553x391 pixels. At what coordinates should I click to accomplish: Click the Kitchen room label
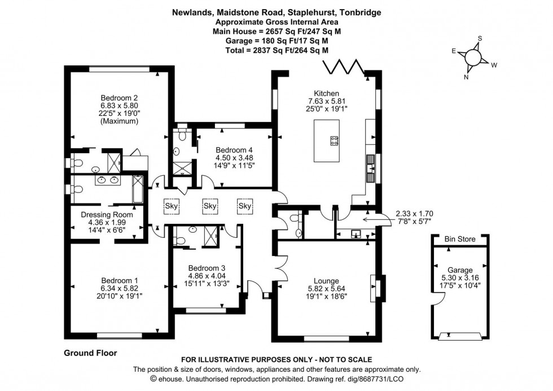(326, 93)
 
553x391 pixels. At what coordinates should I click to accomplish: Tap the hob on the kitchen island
(334, 141)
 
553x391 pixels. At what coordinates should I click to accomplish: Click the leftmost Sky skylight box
(172, 206)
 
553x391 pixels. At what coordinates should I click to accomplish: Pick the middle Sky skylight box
(210, 206)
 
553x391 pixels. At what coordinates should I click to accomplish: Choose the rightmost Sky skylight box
(245, 206)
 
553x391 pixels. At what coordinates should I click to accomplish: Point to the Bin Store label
(459, 240)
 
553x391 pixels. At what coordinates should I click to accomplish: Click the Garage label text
(459, 270)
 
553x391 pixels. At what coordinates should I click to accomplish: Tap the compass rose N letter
(466, 77)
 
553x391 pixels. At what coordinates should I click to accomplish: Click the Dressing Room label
(107, 215)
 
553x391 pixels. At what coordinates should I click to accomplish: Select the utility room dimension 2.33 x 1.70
(414, 214)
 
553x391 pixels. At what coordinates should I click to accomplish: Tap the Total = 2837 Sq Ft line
(276, 50)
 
